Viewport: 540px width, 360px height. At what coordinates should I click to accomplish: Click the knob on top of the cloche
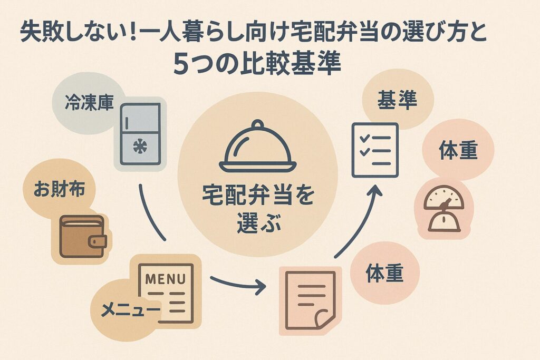pyautogui.click(x=257, y=124)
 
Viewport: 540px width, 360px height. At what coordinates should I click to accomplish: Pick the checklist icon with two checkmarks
pyautogui.click(x=374, y=150)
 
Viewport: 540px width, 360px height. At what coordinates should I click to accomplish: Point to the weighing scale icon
pyautogui.click(x=446, y=208)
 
